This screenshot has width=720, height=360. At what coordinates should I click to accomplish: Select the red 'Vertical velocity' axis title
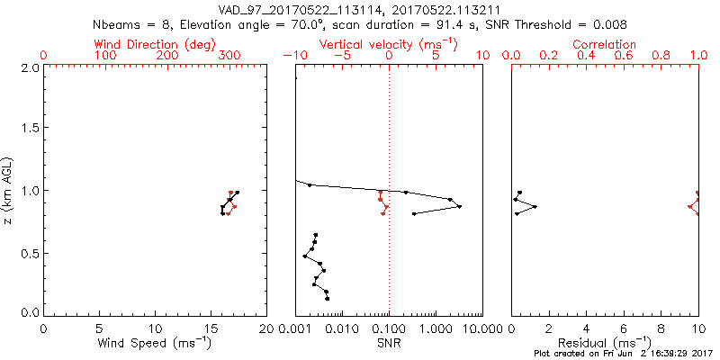click(x=388, y=43)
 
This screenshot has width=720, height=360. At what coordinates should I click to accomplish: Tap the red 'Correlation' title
click(x=605, y=43)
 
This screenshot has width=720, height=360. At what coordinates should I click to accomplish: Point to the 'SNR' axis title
click(x=390, y=343)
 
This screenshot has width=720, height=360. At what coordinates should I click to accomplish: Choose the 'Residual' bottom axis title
click(x=605, y=343)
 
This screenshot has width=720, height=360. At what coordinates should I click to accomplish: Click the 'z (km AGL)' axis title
click(x=10, y=190)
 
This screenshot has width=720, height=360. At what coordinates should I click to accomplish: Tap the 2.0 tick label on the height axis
click(x=30, y=68)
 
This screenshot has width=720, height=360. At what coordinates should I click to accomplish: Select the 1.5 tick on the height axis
click(x=30, y=130)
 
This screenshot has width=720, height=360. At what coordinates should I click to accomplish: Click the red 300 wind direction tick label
click(x=229, y=56)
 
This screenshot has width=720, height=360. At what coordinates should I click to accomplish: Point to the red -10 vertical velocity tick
click(x=291, y=56)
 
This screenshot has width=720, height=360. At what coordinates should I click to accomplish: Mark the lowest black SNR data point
click(x=328, y=298)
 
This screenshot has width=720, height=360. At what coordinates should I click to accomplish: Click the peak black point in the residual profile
click(x=535, y=207)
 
